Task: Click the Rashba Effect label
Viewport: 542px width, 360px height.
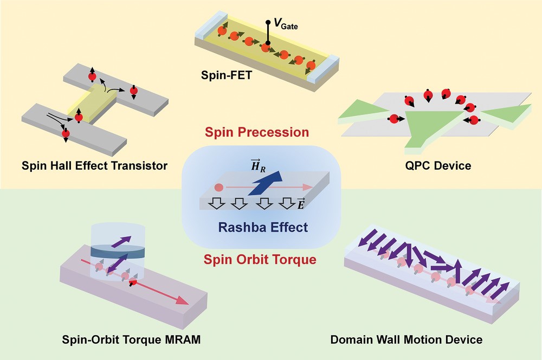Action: (x=263, y=227)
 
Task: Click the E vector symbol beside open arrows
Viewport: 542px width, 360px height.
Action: (x=301, y=204)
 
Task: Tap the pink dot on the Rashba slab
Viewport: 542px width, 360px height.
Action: (x=219, y=188)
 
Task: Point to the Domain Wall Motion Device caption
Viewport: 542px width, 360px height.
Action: (x=406, y=340)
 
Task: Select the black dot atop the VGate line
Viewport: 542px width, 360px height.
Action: (x=268, y=22)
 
